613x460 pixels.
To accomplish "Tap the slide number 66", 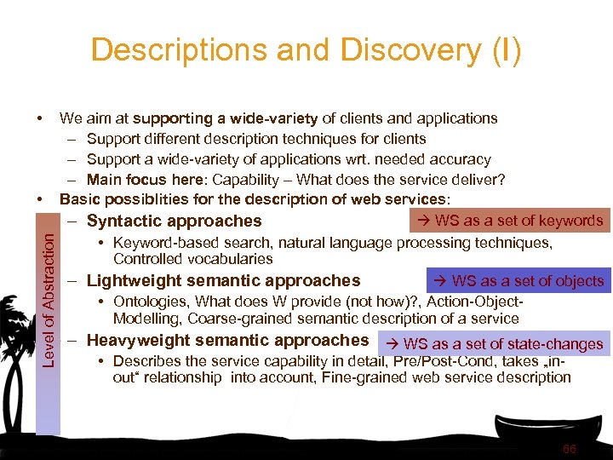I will tap(569, 449).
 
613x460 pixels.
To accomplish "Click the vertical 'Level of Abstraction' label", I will tap(50, 290).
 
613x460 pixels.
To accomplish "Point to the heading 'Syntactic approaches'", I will tap(174, 221).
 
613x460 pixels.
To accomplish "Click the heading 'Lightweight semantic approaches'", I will tap(223, 281).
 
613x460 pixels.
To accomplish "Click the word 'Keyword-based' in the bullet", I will tap(163, 243).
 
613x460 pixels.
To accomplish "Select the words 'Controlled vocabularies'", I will tap(192, 259).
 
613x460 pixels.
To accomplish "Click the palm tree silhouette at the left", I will tap(19, 341).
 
